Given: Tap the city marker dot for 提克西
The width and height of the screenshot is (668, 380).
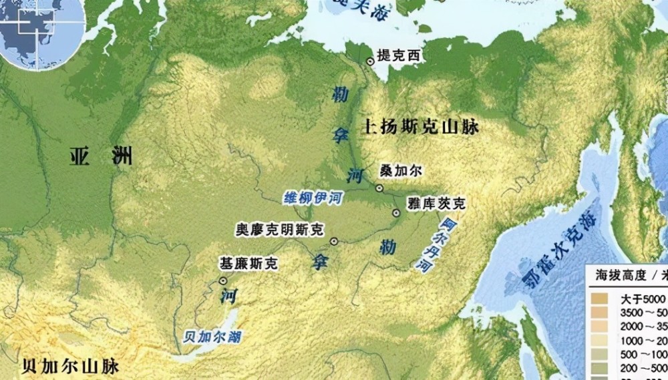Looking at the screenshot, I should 370,61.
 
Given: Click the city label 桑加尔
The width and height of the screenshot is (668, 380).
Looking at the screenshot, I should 401,171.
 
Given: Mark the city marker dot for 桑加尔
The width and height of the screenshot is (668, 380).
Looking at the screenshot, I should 379,188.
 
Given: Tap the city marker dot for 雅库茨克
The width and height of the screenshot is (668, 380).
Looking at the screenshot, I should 396,213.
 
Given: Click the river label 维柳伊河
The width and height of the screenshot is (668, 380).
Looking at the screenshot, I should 308,197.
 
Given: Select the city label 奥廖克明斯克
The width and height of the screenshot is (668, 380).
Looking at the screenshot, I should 279,229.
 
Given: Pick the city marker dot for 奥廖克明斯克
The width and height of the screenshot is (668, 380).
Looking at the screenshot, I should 333,240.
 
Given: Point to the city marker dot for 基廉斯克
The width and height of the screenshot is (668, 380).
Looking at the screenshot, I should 222,282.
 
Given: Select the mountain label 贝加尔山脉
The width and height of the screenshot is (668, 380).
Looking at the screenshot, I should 70,366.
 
